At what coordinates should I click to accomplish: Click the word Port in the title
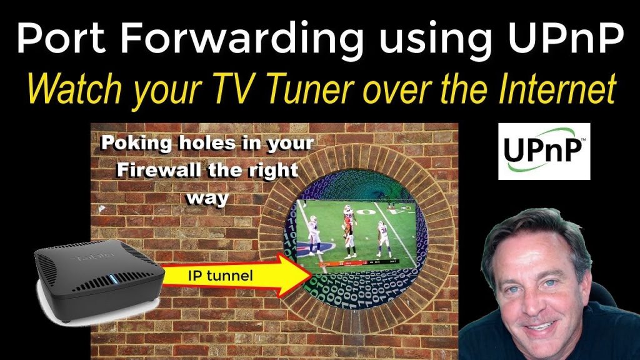(62, 37)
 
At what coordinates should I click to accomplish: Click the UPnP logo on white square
(544, 151)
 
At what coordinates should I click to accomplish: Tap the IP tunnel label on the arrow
(221, 276)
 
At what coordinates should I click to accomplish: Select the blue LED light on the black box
(114, 280)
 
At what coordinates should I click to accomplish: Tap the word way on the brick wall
(207, 199)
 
